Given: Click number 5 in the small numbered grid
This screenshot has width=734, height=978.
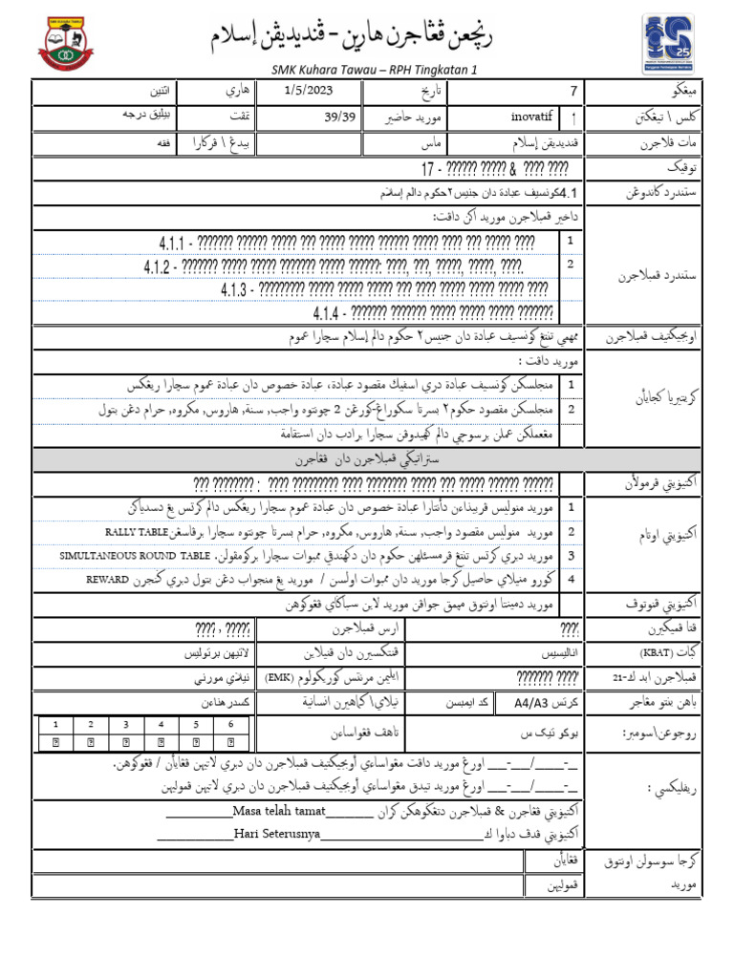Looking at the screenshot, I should pyautogui.click(x=195, y=725).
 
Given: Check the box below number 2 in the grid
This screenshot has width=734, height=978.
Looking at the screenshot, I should pyautogui.click(x=91, y=741).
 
